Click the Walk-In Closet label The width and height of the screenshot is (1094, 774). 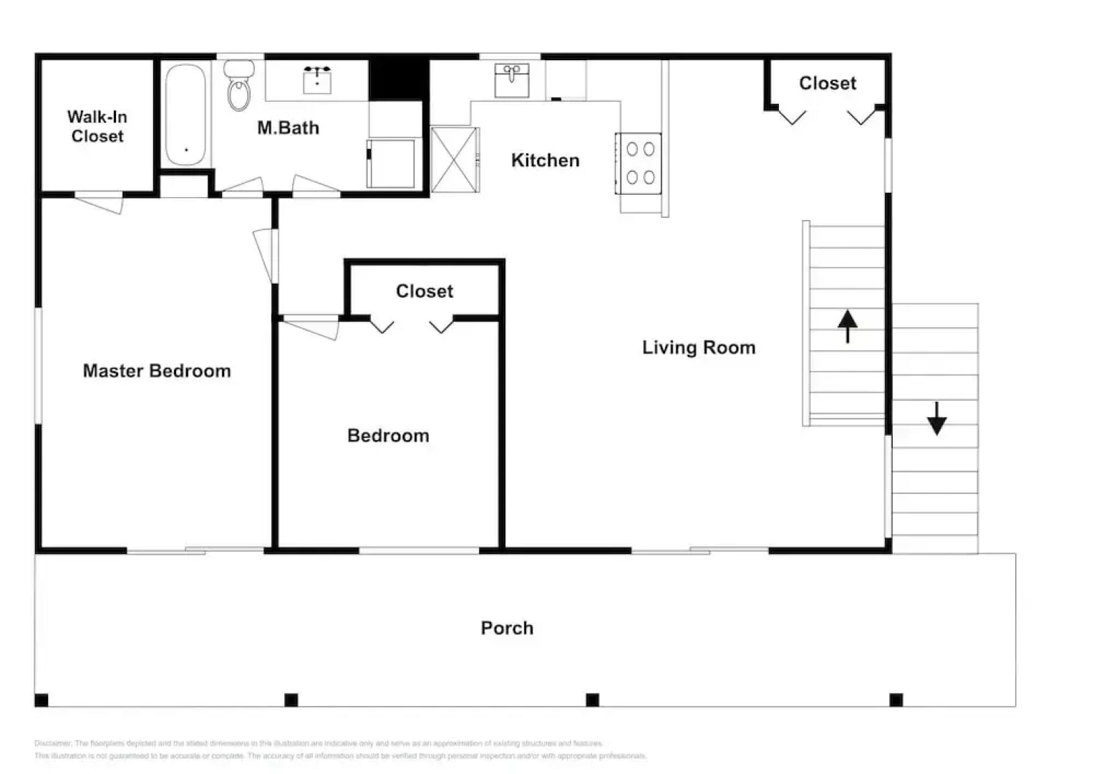pyautogui.click(x=97, y=126)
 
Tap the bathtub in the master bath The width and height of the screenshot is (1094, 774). pyautogui.click(x=185, y=115)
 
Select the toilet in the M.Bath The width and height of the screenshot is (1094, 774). pyautogui.click(x=239, y=86)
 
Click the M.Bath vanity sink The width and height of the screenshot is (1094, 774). pyautogui.click(x=317, y=80)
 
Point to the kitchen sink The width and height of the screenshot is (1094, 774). pyautogui.click(x=512, y=80)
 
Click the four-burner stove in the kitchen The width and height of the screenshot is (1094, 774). pyautogui.click(x=639, y=163)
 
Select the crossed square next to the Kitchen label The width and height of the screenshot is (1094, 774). pyautogui.click(x=455, y=160)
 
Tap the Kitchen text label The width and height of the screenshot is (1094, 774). pyautogui.click(x=545, y=160)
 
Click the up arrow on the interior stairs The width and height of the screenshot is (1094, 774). pyautogui.click(x=847, y=326)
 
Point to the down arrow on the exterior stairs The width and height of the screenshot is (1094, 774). pyautogui.click(x=936, y=419)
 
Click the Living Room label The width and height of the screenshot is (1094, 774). pyautogui.click(x=698, y=348)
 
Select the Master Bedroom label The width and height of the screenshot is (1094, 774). pyautogui.click(x=157, y=371)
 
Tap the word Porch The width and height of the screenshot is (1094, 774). pyautogui.click(x=507, y=628)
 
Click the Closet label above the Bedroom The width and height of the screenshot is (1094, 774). pyautogui.click(x=425, y=291)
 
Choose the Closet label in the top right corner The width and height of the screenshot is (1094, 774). pyautogui.click(x=827, y=83)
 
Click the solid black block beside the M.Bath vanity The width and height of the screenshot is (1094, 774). pyautogui.click(x=398, y=79)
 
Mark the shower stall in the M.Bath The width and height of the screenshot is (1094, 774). pyautogui.click(x=392, y=164)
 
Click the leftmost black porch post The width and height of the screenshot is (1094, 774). pyautogui.click(x=42, y=699)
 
